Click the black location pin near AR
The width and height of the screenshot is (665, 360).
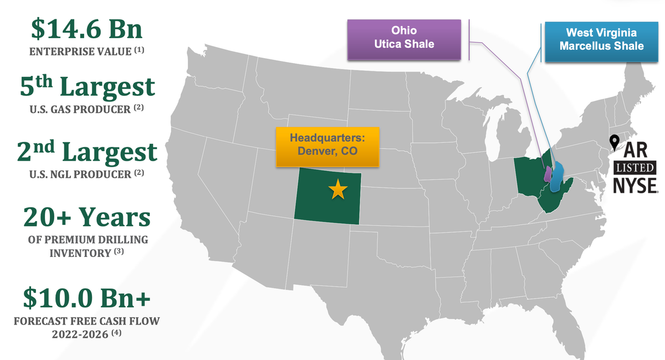[614, 143]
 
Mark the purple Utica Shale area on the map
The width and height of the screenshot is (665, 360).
[548, 174]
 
